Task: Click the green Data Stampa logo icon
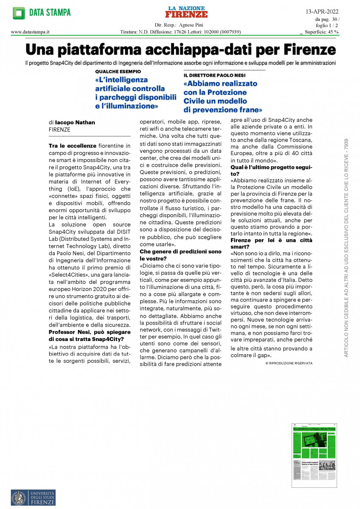(x=19, y=13)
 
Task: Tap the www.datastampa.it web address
(x=31, y=31)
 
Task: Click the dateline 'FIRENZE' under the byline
(x=60, y=129)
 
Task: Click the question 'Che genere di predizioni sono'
(x=180, y=252)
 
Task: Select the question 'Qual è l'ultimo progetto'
(x=271, y=168)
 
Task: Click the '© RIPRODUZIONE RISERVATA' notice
(x=288, y=364)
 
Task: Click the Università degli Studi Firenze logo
(x=33, y=497)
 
